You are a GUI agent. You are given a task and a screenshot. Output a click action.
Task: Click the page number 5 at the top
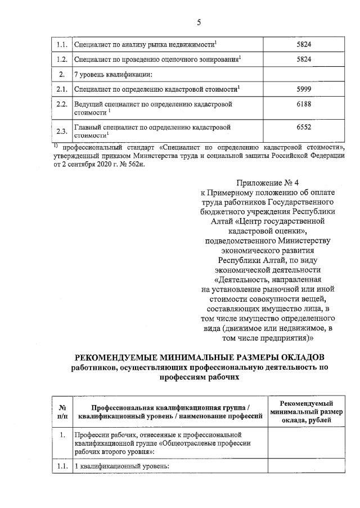click(x=199, y=22)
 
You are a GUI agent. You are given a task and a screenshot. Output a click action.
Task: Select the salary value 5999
click(x=303, y=89)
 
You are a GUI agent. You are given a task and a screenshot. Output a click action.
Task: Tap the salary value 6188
click(x=303, y=105)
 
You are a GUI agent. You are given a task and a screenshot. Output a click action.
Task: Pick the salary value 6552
click(x=303, y=128)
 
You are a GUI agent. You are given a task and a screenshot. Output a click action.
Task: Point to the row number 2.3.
click(x=62, y=131)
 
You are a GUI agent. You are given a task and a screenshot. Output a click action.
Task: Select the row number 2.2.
click(x=62, y=105)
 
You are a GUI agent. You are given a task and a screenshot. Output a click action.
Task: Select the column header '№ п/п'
click(x=62, y=412)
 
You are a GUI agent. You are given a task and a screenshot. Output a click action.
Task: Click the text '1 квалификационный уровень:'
click(x=121, y=466)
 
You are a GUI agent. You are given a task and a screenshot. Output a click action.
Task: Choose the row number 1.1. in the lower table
click(x=62, y=466)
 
